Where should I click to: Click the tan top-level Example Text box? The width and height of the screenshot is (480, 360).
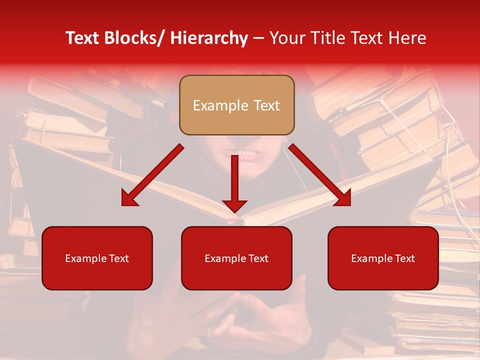click(236, 105)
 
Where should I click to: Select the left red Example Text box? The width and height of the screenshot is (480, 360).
click(97, 258)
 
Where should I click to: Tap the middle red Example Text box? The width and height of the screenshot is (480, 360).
click(236, 258)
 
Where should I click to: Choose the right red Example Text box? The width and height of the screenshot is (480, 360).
click(383, 258)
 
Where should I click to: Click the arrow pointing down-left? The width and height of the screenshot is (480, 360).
click(152, 175)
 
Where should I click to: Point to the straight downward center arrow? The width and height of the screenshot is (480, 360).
click(234, 180)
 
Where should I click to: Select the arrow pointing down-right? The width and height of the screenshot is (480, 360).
click(320, 175)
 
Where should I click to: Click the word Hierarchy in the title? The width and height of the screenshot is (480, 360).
click(209, 38)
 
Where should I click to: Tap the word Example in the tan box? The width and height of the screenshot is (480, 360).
click(220, 105)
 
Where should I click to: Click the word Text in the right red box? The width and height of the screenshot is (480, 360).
click(404, 258)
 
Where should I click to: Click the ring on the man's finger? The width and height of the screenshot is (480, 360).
click(211, 330)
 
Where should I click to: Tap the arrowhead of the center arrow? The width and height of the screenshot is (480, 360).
click(234, 205)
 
